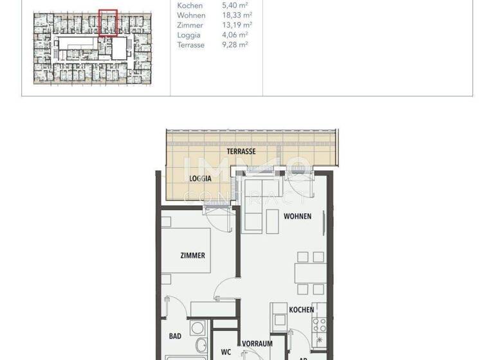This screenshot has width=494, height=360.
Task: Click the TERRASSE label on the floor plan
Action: coord(241,152)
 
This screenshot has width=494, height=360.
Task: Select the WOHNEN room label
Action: coord(297,216)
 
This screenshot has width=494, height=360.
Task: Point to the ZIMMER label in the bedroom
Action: coord(192,255)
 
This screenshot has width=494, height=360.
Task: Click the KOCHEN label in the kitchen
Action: coord(301,310)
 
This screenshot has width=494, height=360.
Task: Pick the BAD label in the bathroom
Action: coord(175,336)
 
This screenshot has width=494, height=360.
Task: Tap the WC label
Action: coord(226,352)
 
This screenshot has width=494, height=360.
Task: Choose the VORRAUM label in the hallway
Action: coord(257,344)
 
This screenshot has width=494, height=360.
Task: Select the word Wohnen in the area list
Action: coord(191,15)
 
